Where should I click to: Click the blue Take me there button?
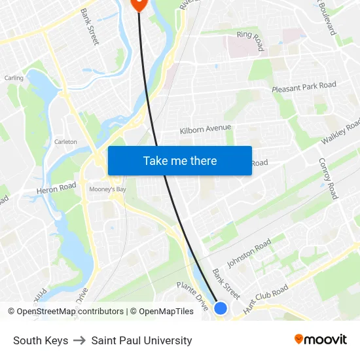click(x=180, y=161)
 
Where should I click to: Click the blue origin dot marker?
click(x=221, y=308)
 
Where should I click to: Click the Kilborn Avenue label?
click(x=206, y=129)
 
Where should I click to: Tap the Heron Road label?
click(x=57, y=188)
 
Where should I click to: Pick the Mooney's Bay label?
click(x=105, y=190)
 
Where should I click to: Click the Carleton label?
click(x=65, y=141)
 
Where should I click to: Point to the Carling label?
click(x=14, y=78)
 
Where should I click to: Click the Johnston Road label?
click(x=249, y=253)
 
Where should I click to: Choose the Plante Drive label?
click(x=193, y=295)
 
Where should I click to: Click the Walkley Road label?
click(x=340, y=133)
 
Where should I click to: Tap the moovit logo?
click(x=320, y=340)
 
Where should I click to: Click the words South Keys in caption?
click(x=41, y=340)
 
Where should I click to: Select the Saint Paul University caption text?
click(x=141, y=340)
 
